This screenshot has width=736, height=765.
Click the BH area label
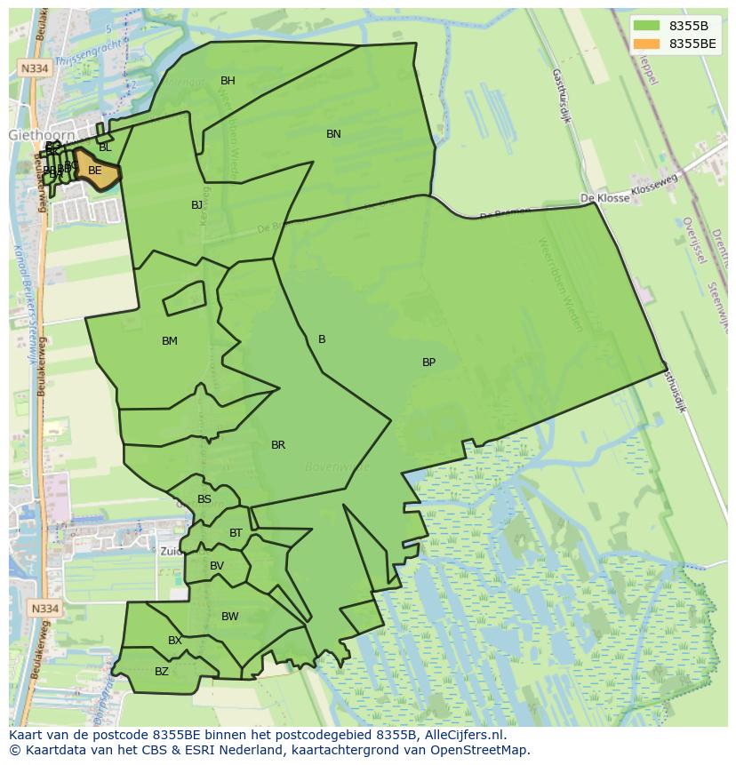click(228, 81)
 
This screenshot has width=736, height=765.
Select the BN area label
click(333, 134)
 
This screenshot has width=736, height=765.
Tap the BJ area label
click(196, 205)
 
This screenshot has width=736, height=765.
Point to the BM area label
click(170, 341)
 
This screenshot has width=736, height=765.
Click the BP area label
click(428, 363)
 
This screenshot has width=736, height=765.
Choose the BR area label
click(278, 445)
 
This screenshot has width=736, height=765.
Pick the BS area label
click(204, 499)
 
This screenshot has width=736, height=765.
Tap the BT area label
click(236, 533)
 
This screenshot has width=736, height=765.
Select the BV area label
click(217, 566)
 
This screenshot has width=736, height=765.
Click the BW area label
click(230, 617)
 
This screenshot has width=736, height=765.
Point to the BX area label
click(175, 641)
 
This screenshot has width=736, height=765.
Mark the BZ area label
click(162, 672)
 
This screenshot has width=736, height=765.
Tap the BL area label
click(105, 147)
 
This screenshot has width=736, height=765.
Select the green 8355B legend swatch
click(647, 26)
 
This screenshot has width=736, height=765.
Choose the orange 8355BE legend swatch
click(647, 44)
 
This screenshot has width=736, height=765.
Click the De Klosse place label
click(604, 198)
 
